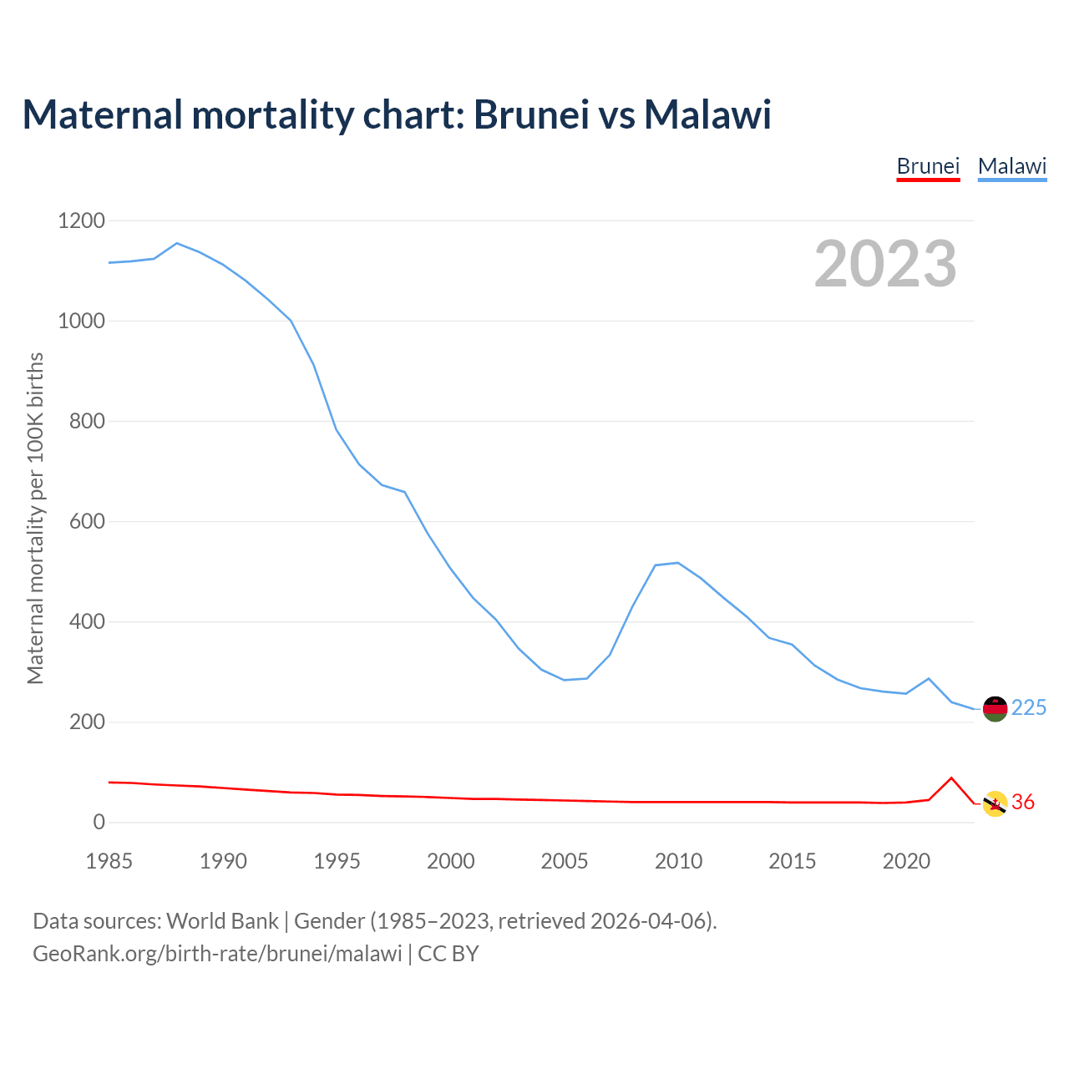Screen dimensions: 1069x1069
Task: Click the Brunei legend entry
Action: tap(928, 166)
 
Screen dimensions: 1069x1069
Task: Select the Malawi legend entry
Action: tap(1012, 166)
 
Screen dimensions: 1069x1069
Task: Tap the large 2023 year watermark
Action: tap(885, 264)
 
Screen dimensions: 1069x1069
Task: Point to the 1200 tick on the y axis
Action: tap(82, 221)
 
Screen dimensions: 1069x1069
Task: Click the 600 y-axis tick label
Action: tap(88, 522)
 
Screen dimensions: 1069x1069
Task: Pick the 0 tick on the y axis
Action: tap(99, 823)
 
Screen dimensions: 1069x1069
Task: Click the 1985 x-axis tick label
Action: tap(109, 861)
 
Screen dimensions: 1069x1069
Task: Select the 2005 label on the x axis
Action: tap(565, 861)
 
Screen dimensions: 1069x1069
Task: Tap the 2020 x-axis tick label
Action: tap(906, 861)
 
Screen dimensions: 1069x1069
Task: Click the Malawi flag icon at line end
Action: tap(995, 709)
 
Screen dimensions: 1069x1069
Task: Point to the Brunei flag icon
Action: tap(995, 803)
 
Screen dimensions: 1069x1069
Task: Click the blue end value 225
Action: tap(1029, 708)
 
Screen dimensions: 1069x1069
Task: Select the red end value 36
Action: tap(1023, 803)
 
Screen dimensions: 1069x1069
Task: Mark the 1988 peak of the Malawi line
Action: tap(177, 243)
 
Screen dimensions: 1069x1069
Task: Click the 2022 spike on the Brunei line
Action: tap(951, 778)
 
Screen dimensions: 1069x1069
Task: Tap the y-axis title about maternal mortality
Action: tap(35, 519)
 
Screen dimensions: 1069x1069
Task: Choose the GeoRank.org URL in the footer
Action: tap(217, 954)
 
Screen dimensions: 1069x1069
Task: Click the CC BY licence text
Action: tap(448, 954)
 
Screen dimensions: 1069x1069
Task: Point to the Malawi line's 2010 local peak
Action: tap(677, 563)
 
